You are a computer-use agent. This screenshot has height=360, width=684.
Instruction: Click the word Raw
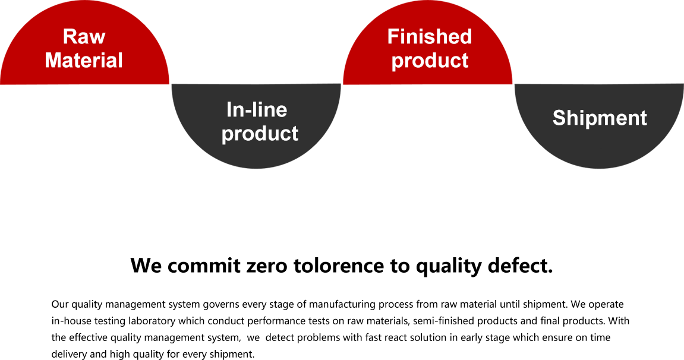84,37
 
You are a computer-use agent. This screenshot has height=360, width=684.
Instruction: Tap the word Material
84,61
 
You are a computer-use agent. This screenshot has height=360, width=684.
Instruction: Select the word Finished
429,37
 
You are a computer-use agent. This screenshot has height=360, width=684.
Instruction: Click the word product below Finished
430,61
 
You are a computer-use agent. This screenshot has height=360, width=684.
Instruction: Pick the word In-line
257,110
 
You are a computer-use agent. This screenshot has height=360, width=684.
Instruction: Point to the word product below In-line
260,134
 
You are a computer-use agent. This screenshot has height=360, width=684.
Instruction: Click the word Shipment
600,118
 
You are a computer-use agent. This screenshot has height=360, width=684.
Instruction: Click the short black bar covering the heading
342,267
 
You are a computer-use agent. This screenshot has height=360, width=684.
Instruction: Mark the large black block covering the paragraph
339,330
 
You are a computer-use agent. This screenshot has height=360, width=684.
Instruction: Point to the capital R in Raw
70,37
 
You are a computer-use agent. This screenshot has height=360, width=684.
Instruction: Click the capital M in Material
53,61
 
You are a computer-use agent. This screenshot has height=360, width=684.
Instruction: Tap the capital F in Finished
393,37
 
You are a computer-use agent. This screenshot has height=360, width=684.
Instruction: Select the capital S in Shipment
559,118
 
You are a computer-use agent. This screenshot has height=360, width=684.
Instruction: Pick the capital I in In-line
229,110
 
